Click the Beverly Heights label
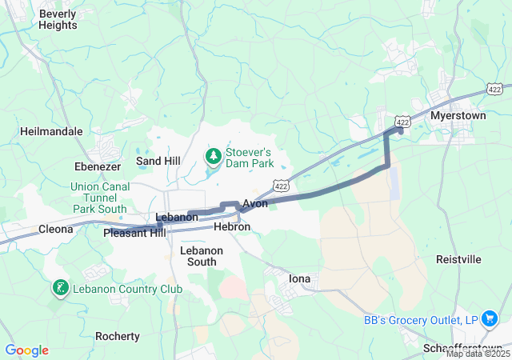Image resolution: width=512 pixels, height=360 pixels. point(58,19)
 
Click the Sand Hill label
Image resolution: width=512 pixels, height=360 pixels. point(158,161)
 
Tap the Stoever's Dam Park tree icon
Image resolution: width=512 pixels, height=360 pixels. point(214,154)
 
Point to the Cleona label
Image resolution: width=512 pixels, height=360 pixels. point(56,229)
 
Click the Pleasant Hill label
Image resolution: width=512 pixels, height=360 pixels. point(134,233)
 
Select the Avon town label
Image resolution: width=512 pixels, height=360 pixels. point(254,204)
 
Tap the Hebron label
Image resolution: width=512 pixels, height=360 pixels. point(232,227)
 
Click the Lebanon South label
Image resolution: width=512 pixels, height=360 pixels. point(198,255)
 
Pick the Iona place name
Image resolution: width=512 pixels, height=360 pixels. point(299,278)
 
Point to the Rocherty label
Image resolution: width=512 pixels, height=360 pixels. point(117,336)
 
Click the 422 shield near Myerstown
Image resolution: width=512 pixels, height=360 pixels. point(402,122)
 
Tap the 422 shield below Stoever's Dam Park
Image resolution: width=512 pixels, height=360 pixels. point(279,186)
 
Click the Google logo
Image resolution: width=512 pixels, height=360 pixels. point(26,350)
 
